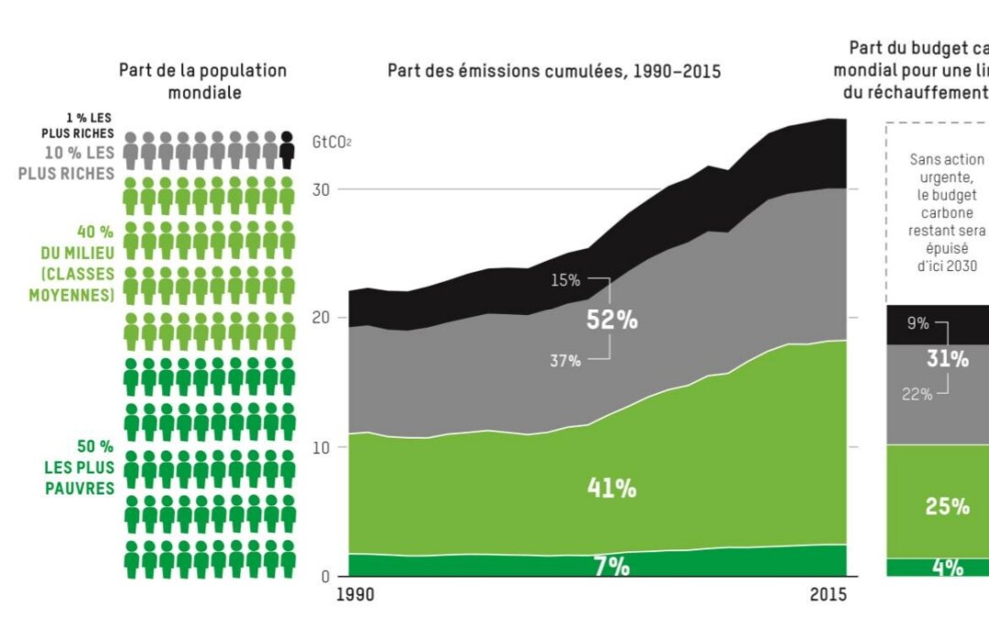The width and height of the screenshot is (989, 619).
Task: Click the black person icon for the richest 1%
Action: coord(287,150)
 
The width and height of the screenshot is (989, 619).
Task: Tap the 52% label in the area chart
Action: coord(612,320)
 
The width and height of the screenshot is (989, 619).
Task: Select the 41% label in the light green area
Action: coord(612,488)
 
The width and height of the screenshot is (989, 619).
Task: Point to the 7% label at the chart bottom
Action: coord(612,567)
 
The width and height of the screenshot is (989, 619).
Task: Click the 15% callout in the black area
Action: coord(565,278)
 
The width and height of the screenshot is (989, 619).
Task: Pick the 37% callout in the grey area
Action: coord(565,361)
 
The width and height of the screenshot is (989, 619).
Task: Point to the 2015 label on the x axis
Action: coord(829,595)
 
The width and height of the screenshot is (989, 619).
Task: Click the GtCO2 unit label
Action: coord(332,142)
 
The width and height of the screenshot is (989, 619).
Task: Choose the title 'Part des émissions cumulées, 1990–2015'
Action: coord(554,71)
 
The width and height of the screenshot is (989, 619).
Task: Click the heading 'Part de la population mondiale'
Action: coord(203,81)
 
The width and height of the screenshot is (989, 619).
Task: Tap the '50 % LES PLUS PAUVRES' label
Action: coord(81,467)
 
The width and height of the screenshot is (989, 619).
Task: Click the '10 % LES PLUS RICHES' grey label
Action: coord(81,162)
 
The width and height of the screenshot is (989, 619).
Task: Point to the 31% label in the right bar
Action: coord(947,359)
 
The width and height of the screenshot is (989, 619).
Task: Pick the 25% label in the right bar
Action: coord(947,506)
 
